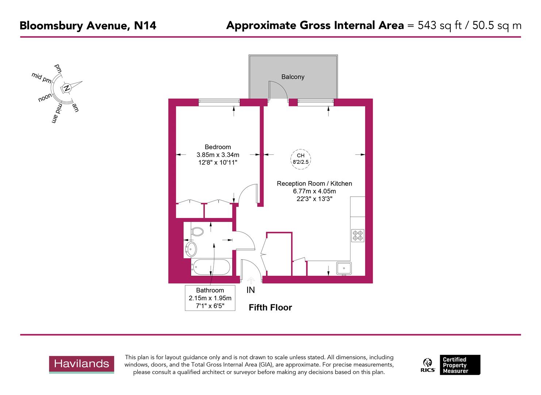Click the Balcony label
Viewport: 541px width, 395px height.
[x=293, y=77]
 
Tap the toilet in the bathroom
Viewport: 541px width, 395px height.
[x=197, y=232]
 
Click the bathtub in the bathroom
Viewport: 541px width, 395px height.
[x=211, y=267]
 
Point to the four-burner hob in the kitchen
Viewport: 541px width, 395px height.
[x=358, y=235]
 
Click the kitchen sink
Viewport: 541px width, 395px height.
[x=344, y=268]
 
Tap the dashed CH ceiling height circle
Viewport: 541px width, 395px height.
[x=300, y=159]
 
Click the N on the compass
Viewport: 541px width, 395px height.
[x=66, y=88]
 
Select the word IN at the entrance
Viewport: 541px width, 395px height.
[x=251, y=290]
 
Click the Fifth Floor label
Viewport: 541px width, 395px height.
[x=270, y=308]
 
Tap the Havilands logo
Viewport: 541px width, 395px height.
[x=81, y=364]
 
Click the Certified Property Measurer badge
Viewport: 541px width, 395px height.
[x=460, y=365]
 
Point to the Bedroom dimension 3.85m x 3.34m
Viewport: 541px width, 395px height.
[x=218, y=155]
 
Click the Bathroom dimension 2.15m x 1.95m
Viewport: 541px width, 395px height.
[x=210, y=298]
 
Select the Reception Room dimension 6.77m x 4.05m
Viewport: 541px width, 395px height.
[x=314, y=191]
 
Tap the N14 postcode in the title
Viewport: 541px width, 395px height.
[x=145, y=26]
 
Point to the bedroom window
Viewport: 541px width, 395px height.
[x=219, y=102]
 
